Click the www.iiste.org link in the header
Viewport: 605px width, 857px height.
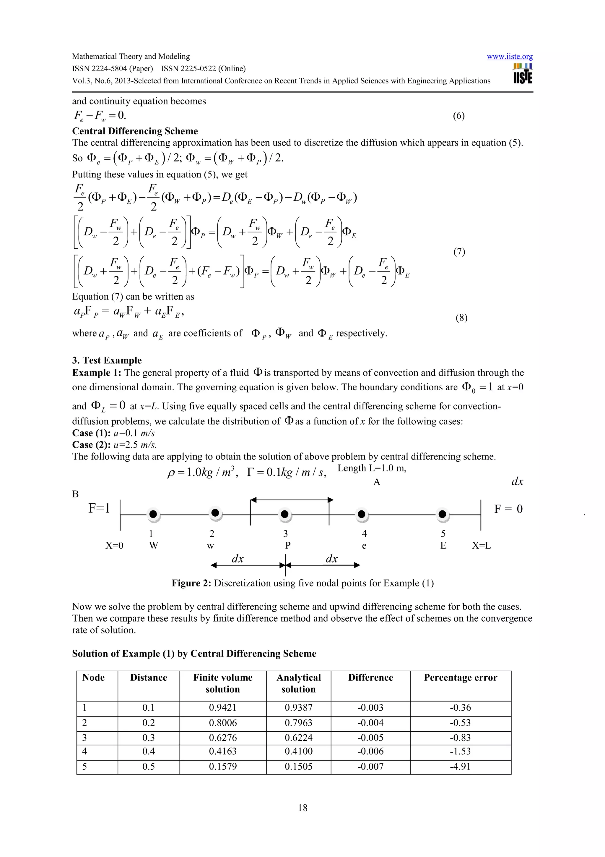[509, 57]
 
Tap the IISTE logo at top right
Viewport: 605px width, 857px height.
[523, 74]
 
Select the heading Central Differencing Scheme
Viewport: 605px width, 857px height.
[135, 131]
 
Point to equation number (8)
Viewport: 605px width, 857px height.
[461, 318]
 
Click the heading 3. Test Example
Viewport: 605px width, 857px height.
[107, 360]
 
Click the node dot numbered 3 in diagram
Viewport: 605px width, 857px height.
[284, 514]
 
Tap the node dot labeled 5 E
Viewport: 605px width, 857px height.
[442, 514]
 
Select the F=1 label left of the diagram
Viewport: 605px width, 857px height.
[99, 508]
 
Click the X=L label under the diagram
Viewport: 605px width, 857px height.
[481, 546]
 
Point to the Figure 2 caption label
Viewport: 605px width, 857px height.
[191, 583]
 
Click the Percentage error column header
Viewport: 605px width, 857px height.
[460, 677]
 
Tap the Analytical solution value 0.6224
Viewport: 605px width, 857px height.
[298, 737]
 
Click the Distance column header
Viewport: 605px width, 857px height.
[148, 677]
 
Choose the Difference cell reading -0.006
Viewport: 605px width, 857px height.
[370, 751]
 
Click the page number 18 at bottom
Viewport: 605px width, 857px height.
[302, 808]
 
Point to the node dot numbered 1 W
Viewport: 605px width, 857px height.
[153, 514]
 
